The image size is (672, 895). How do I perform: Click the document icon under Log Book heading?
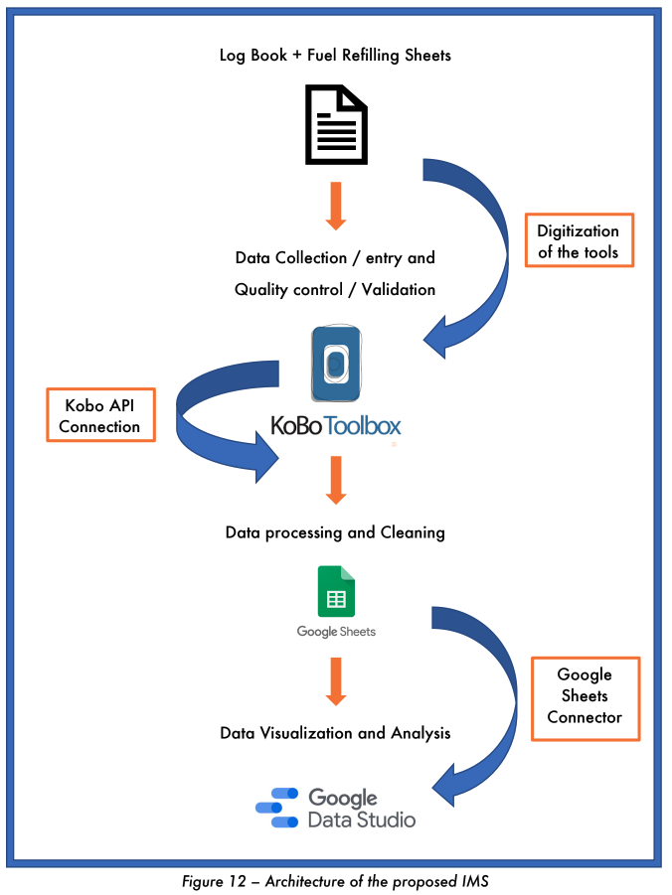click(x=335, y=125)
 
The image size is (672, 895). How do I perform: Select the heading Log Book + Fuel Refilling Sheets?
click(x=335, y=56)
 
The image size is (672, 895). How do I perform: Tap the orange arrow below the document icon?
click(x=335, y=205)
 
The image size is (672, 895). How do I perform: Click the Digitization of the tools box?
click(x=579, y=241)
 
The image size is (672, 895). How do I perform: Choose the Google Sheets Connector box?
click(x=585, y=696)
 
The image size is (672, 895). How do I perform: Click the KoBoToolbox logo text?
click(x=336, y=426)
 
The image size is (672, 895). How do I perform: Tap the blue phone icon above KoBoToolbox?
click(x=336, y=365)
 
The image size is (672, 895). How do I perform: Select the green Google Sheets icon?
click(x=336, y=592)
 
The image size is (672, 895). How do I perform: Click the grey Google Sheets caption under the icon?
click(x=336, y=632)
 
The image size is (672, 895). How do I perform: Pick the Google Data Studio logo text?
click(x=361, y=809)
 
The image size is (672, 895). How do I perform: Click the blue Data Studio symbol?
click(x=277, y=809)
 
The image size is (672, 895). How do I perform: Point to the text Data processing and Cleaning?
click(x=335, y=532)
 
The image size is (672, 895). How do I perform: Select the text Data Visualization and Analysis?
click(x=335, y=733)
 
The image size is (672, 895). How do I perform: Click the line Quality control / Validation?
click(x=335, y=290)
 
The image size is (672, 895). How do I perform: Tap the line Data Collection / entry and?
click(x=335, y=258)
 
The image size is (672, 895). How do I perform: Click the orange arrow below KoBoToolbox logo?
click(x=335, y=479)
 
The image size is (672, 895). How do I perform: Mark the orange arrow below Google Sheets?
click(x=335, y=679)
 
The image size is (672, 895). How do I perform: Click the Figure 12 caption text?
click(x=335, y=881)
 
